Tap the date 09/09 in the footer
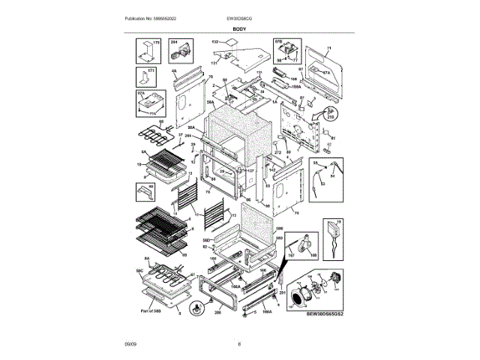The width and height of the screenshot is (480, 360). [130, 344]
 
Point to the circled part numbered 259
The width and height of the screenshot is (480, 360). [328, 114]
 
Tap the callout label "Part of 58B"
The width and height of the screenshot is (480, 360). [153, 310]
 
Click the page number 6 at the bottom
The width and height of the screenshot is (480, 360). [239, 344]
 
